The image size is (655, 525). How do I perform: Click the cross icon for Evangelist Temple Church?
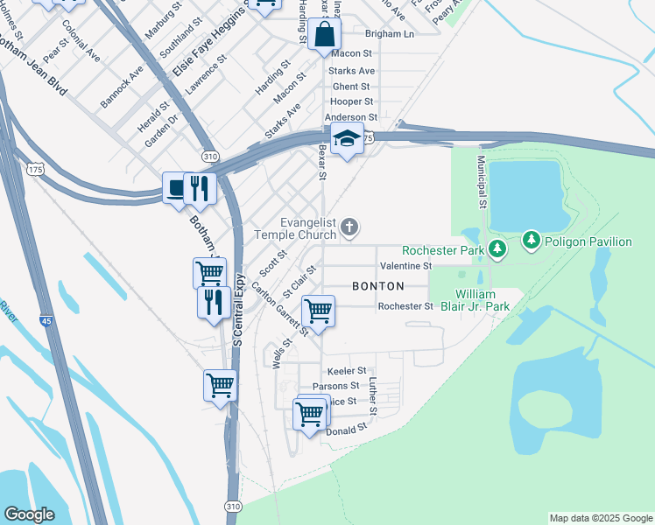(349, 228)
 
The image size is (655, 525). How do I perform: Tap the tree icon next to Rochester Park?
(497, 250)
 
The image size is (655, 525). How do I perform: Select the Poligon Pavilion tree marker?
(531, 239)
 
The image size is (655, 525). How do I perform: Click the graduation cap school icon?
(348, 138)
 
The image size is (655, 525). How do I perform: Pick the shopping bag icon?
(324, 35)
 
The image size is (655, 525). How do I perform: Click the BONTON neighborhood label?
(378, 286)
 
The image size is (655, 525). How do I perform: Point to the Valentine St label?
(406, 266)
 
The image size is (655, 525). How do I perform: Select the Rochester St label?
(405, 306)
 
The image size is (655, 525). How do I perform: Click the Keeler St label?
(346, 371)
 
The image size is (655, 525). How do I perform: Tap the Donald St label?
(345, 431)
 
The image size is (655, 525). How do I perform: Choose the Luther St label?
(372, 396)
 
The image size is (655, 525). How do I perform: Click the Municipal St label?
(481, 182)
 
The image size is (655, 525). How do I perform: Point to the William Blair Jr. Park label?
(482, 300)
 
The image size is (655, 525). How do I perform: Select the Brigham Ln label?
(390, 33)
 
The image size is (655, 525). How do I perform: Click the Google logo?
(29, 514)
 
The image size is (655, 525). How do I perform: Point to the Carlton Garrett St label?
(281, 309)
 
